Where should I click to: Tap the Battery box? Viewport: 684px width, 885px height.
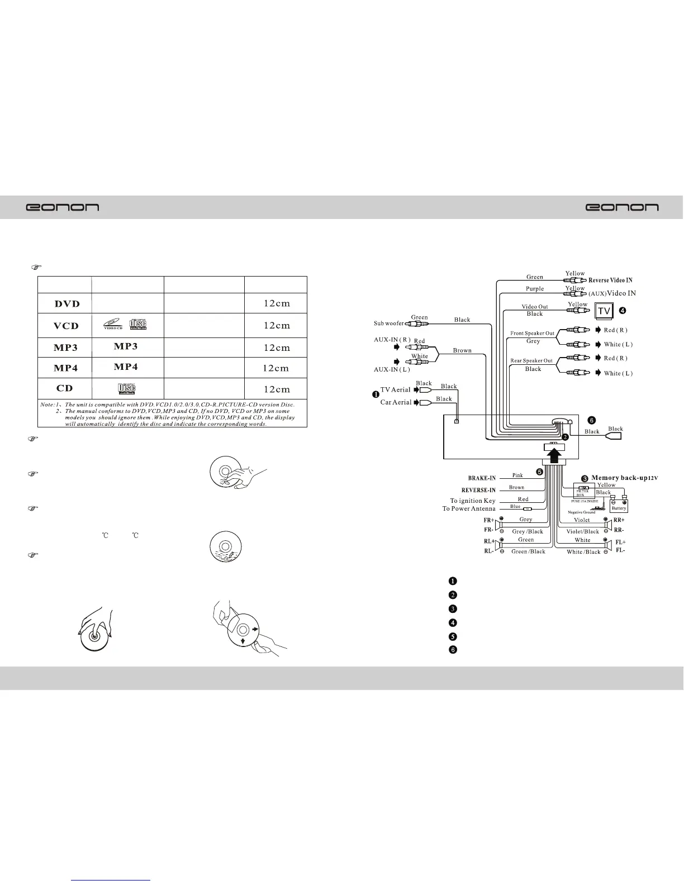point(619,506)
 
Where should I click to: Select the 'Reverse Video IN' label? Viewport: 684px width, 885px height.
point(610,280)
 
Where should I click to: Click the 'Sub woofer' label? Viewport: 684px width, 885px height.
point(388,323)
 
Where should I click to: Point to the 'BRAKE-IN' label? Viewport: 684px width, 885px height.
point(482,478)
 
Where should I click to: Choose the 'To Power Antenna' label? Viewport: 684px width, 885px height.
point(469,508)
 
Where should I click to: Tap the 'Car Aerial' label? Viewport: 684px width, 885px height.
point(396,402)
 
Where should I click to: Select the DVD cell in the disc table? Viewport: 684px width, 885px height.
point(67,304)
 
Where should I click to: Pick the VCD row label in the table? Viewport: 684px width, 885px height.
point(66,326)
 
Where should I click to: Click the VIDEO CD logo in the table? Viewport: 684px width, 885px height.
point(113,325)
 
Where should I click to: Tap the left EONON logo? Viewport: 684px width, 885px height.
point(63,207)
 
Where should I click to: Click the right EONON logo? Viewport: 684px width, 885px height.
point(621,207)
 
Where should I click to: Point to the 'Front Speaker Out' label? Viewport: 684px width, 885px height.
point(532,334)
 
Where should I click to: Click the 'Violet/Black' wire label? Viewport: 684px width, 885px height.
point(582,531)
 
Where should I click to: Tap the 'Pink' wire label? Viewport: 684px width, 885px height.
point(517,475)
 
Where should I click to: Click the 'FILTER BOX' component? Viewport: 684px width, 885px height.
point(583,492)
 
